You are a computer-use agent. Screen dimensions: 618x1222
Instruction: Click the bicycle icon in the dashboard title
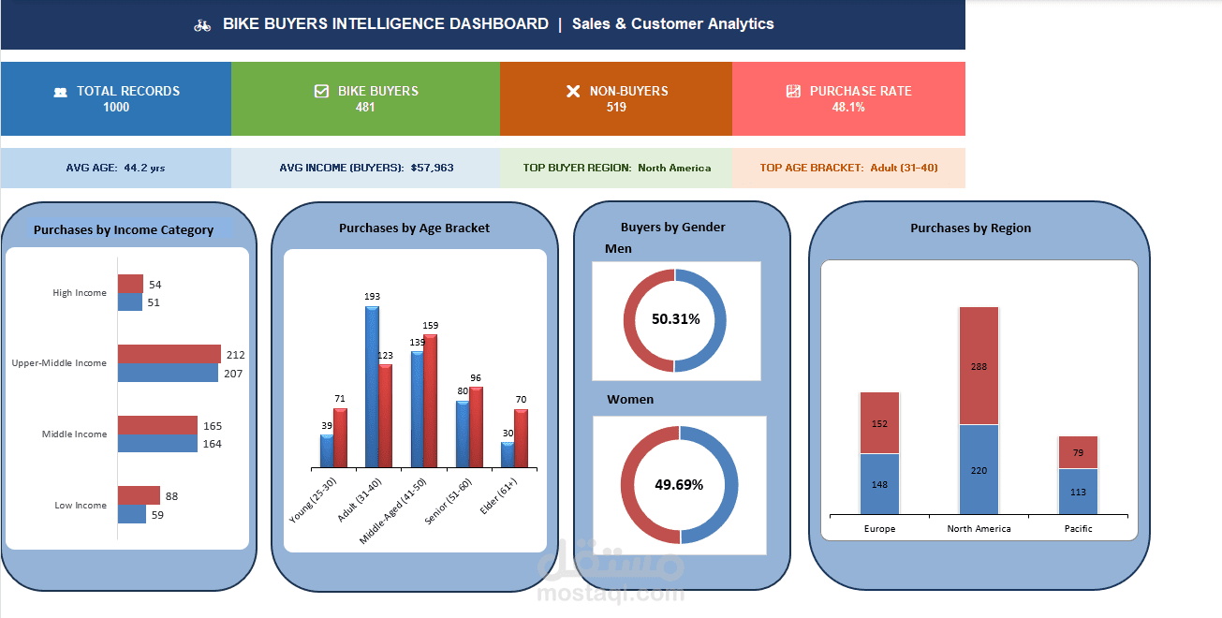pos(202,25)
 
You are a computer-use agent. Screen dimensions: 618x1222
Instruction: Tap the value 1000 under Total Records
pos(116,108)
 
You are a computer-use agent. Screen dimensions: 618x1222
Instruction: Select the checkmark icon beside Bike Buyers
pos(321,91)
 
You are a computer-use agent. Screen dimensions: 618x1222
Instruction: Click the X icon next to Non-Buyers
pos(573,91)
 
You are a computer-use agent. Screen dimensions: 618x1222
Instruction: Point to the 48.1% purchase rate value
pos(848,108)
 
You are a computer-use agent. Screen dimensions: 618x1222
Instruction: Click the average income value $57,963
pos(432,168)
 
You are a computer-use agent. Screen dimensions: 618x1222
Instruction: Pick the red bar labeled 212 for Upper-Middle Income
pos(169,354)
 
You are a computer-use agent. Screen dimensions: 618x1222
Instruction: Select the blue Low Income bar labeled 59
pos(131,514)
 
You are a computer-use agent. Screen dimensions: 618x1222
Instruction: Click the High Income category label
pos(80,293)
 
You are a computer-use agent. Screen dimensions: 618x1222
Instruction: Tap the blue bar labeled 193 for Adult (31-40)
pos(372,387)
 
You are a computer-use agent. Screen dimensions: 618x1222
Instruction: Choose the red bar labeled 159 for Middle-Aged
pos(430,401)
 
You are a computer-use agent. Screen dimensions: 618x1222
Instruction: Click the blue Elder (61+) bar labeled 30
pos(508,455)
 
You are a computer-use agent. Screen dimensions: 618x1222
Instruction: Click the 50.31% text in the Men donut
pos(676,319)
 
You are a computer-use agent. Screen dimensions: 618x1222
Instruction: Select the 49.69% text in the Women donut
pos(679,484)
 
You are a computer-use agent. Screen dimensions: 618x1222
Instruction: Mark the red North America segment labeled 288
pos(979,365)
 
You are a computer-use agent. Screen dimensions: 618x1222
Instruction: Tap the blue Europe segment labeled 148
pos(879,484)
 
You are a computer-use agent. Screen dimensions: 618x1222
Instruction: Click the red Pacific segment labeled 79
pos(1078,452)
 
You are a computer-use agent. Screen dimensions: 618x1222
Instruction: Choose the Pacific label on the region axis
pos(1078,529)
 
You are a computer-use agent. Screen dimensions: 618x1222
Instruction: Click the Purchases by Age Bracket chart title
pos(414,228)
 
